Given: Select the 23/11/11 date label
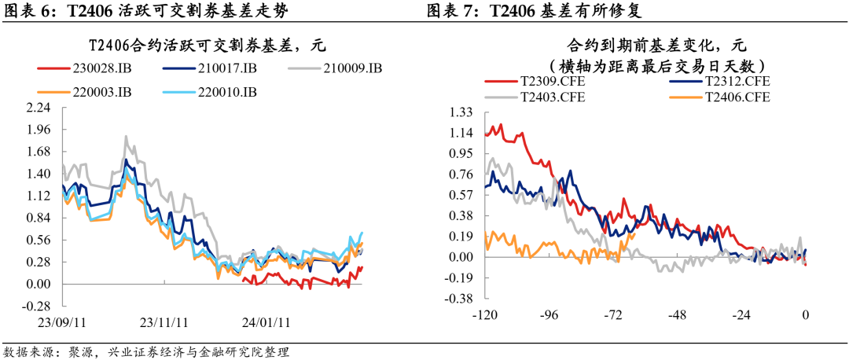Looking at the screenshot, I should tap(164, 322).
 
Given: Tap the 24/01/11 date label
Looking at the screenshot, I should tap(266, 322).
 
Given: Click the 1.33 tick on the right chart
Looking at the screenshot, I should tap(461, 112).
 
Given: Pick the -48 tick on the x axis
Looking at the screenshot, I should tap(677, 315).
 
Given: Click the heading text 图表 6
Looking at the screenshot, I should tap(31, 11).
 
